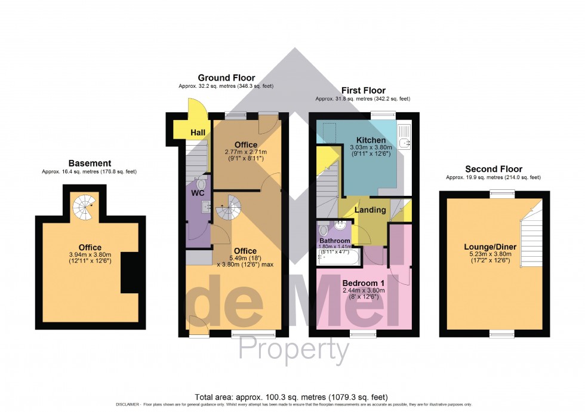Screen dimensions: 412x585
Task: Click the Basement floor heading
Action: [x=90, y=163]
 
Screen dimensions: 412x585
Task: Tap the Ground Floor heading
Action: [x=226, y=78]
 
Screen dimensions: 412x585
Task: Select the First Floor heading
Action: [x=362, y=90]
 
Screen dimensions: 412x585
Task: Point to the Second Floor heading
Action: [x=493, y=169]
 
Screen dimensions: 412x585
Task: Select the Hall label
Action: [x=198, y=132]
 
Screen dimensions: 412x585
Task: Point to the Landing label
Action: [x=371, y=210]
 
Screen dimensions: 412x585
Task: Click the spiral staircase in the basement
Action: [x=84, y=207]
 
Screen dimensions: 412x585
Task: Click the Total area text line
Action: [x=292, y=396]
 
